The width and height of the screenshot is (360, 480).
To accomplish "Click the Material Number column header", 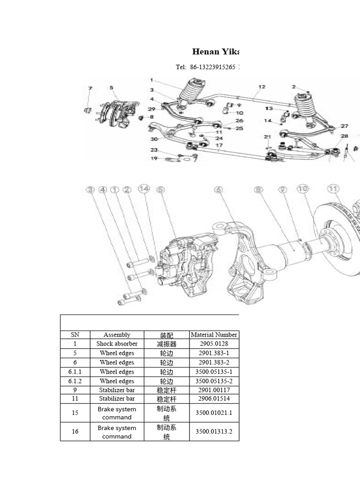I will coord(214,335).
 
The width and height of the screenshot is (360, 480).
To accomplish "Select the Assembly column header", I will coord(117,335).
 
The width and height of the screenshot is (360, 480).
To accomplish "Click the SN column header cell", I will coord(75,335).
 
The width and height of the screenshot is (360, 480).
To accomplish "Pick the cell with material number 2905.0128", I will coord(214,344).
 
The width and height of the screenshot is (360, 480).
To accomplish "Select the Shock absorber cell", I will coord(117,344).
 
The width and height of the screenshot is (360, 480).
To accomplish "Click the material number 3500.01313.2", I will coord(214,432).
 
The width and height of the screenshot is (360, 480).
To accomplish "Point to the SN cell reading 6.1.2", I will coord(75,381).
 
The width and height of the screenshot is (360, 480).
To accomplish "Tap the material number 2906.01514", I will coord(214,399).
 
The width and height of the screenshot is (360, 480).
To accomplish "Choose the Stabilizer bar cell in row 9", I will coord(117,390).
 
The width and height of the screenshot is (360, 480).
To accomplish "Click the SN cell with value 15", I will coord(75,412).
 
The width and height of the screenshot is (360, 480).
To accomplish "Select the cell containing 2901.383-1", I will coord(214,353).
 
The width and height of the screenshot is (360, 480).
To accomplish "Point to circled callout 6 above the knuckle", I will coord(218,189).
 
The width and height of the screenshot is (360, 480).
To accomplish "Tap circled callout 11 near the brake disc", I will coord(333,188).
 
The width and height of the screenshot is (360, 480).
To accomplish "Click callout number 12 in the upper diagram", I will coord(262,87).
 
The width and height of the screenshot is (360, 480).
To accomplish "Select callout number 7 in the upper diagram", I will coord(90,88).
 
